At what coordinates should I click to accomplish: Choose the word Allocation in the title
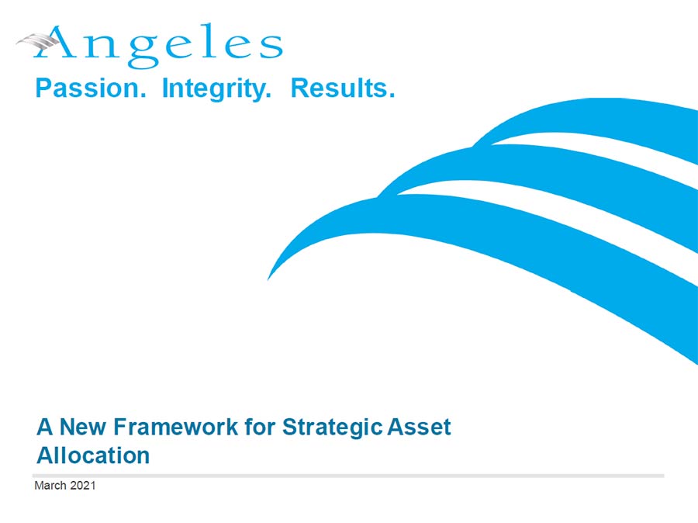pos(92,455)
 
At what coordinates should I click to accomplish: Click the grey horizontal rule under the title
pos(349,475)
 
